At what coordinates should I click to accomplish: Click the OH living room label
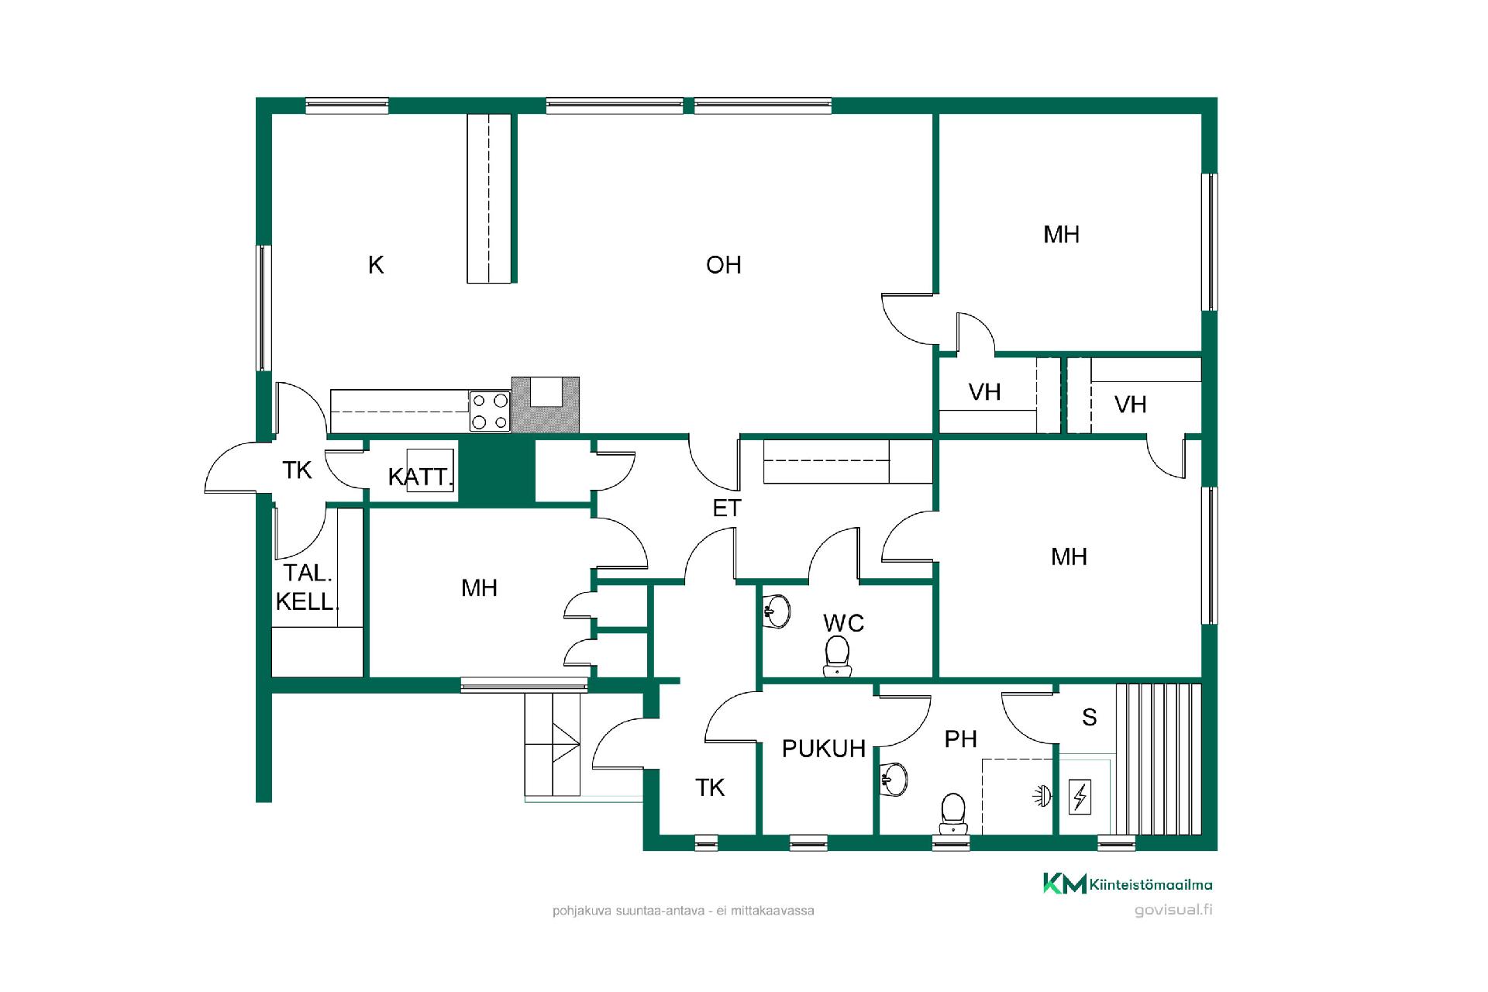(x=723, y=265)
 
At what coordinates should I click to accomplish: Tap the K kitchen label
(x=376, y=265)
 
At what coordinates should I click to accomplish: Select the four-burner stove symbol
(x=490, y=412)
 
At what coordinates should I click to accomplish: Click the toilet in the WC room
(x=837, y=656)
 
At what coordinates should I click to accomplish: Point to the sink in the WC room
(x=777, y=611)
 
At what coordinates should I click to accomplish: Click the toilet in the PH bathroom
(x=952, y=814)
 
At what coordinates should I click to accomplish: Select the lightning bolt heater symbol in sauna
(x=1080, y=797)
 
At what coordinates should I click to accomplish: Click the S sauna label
(x=1089, y=718)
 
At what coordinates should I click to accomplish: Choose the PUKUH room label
(x=824, y=749)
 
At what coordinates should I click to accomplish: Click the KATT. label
(x=420, y=477)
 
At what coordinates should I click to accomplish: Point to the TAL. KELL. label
(x=308, y=587)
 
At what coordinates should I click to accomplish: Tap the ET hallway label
(x=727, y=508)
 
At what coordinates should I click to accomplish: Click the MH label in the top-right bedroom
(x=1061, y=235)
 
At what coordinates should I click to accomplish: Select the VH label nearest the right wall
(x=1130, y=405)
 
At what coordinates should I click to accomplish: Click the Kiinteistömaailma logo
(x=1128, y=883)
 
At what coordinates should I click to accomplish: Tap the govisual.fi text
(x=1173, y=910)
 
